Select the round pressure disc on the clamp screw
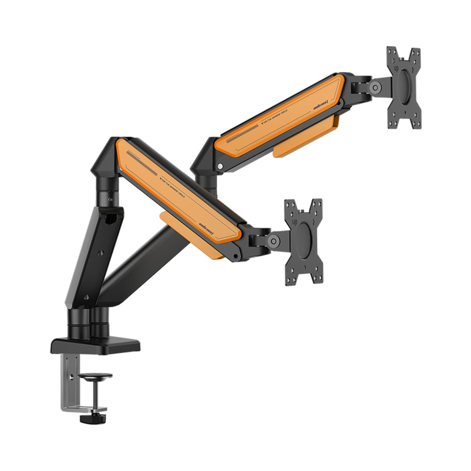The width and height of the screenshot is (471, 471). (95, 377)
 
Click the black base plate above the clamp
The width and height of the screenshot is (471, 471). (95, 345)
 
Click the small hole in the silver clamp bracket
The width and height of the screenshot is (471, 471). (71, 378)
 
